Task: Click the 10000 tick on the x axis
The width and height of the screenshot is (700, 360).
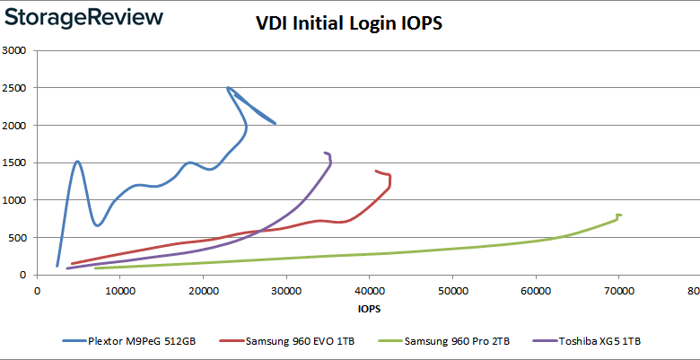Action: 120,290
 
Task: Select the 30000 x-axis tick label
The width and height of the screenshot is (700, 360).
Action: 286,290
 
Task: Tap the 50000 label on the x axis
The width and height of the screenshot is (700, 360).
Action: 452,290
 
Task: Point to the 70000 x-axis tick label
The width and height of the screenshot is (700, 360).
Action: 618,290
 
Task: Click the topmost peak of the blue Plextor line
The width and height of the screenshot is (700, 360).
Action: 228,88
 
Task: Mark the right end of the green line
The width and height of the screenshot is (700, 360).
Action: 620,215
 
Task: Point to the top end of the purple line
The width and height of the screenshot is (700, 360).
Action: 325,153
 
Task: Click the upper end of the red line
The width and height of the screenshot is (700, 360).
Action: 376,171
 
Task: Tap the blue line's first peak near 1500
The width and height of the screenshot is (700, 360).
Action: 78,162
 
